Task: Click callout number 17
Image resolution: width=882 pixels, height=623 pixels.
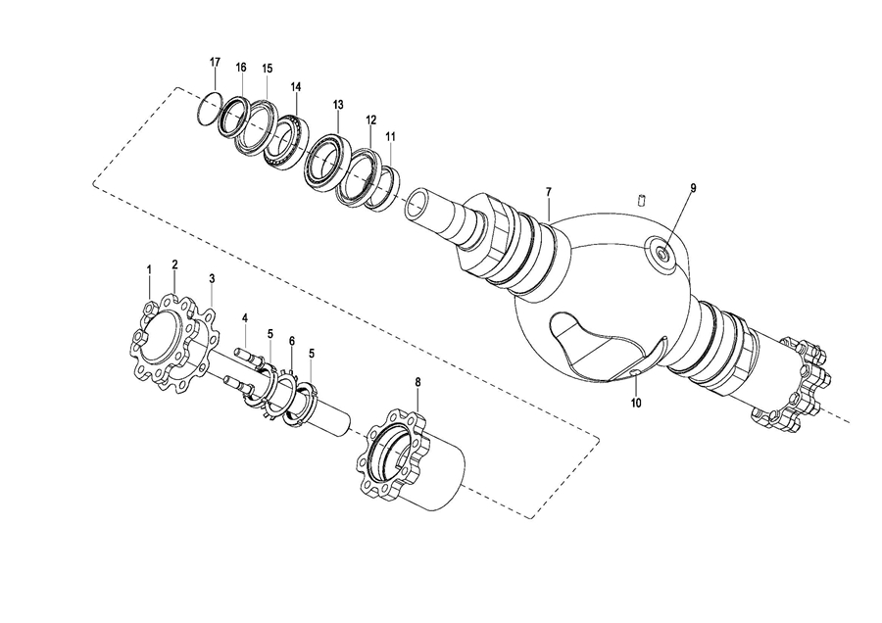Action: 215,62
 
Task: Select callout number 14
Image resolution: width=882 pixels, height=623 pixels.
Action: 296,86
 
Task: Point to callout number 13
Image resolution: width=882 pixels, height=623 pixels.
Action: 337,105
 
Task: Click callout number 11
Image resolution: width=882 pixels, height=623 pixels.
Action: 391,136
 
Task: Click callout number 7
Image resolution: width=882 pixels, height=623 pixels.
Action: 549,192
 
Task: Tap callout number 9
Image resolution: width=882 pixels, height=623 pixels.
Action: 693,188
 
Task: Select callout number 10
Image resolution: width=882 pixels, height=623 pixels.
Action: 637,403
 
